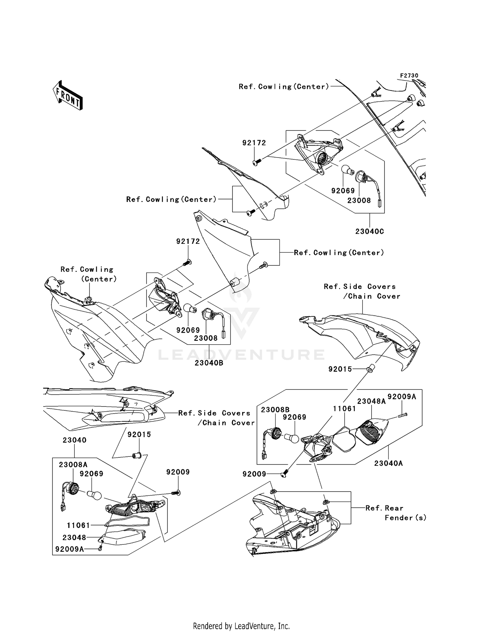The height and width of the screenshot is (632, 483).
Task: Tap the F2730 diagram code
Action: (409, 75)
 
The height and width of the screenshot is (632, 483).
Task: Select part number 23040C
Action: (370, 231)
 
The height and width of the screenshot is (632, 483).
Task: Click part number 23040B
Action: (209, 363)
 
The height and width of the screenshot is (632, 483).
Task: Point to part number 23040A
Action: (389, 463)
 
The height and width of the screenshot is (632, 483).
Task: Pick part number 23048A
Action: (371, 401)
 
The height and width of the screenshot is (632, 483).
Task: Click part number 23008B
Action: (275, 409)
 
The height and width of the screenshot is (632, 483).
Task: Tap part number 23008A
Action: (73, 464)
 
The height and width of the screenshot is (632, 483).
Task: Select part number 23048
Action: (74, 537)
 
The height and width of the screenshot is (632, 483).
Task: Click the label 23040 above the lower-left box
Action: (74, 440)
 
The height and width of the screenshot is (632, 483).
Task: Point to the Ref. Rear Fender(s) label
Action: (396, 513)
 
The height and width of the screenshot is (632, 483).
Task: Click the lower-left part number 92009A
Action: (70, 549)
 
